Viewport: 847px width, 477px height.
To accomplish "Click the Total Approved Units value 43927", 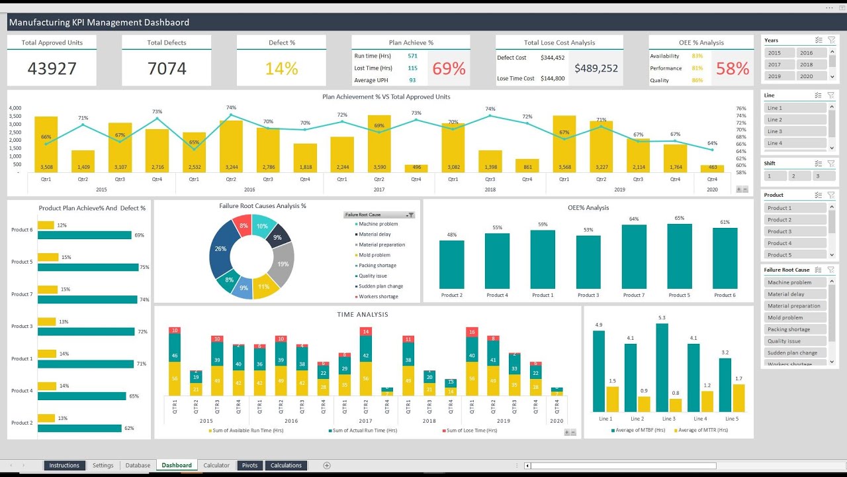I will tap(52, 68).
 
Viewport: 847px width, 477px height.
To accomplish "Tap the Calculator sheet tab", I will tap(216, 465).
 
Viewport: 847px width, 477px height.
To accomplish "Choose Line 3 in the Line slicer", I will tap(795, 131).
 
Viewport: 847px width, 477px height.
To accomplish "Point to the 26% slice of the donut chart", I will tap(221, 250).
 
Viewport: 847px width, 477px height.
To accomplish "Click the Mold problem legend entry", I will tap(374, 255).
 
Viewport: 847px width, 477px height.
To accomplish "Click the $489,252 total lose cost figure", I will tap(596, 68).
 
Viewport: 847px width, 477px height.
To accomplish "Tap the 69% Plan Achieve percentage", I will tap(449, 68).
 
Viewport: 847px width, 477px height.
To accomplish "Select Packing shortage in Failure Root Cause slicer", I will tap(795, 329).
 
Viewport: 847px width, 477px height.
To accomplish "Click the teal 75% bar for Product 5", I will tap(88, 267).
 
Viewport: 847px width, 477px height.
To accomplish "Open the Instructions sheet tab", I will tap(64, 465).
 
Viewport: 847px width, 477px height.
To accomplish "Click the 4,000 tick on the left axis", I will tap(15, 108).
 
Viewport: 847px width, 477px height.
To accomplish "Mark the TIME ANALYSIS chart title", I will tap(363, 315).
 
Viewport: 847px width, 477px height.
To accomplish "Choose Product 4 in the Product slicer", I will tap(795, 243).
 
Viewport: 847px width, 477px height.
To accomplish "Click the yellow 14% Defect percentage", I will tap(281, 68).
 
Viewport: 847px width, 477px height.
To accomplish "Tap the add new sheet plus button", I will tap(326, 465).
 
